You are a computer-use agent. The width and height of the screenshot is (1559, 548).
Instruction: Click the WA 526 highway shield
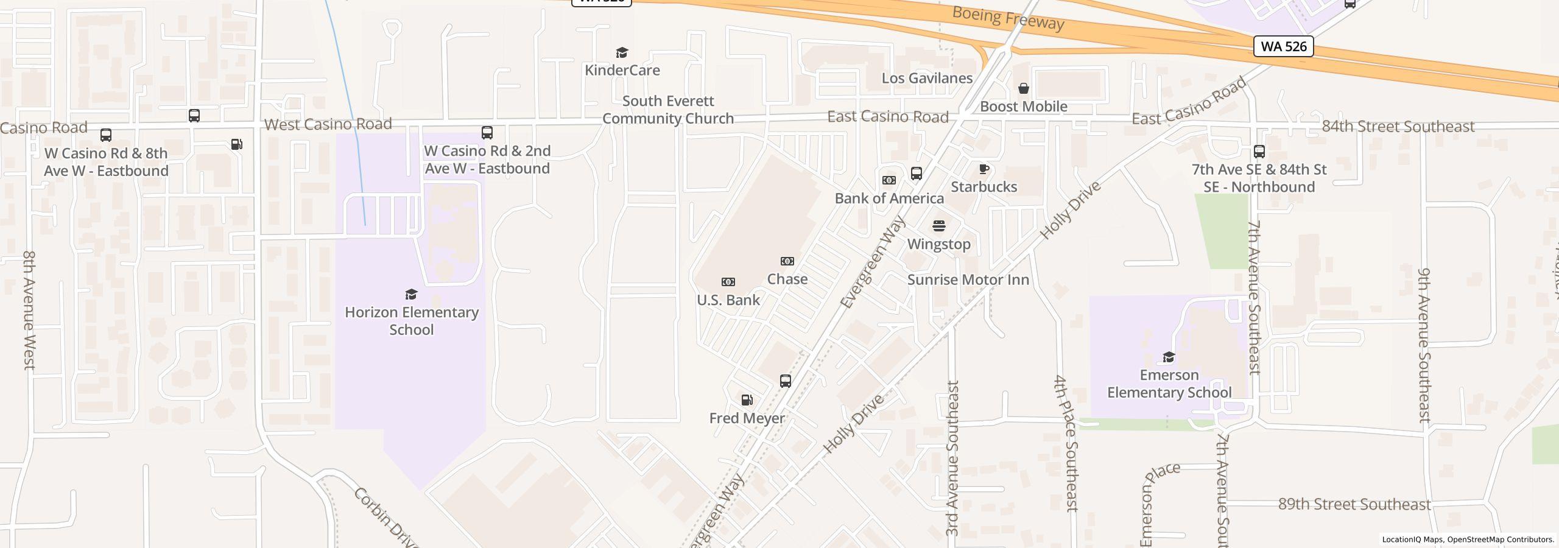[1283, 46]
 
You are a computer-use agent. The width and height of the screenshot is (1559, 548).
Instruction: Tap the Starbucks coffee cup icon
[984, 169]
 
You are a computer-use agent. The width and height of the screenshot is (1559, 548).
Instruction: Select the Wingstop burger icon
[939, 226]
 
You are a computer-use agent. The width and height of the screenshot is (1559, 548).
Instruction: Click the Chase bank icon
[787, 261]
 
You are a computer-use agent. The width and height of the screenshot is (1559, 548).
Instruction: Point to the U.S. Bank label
[728, 300]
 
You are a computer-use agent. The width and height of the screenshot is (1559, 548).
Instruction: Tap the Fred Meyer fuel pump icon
[747, 400]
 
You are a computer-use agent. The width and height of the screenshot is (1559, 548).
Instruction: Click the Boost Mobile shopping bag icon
[1024, 89]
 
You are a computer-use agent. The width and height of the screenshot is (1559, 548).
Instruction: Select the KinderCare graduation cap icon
[622, 53]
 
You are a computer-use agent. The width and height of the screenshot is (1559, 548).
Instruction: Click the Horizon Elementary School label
[412, 321]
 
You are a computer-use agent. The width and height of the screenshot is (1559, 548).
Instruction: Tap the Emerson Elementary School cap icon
[1169, 357]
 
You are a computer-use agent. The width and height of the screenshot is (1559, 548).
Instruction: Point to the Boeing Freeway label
[1008, 18]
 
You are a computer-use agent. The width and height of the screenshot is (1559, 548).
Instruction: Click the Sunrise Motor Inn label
[968, 279]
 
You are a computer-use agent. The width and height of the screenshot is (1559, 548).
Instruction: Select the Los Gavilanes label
[927, 78]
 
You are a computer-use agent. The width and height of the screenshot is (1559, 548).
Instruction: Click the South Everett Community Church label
[668, 110]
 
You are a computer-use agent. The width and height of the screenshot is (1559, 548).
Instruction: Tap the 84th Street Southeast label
[1398, 126]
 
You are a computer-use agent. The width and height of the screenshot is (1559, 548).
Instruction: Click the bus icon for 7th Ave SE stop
[1259, 152]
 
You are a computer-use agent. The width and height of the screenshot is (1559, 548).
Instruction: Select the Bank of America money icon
[889, 180]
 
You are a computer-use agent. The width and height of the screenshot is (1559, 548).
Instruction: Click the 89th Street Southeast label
[1354, 504]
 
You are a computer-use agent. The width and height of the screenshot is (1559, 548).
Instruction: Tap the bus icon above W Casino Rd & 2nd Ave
[487, 133]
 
